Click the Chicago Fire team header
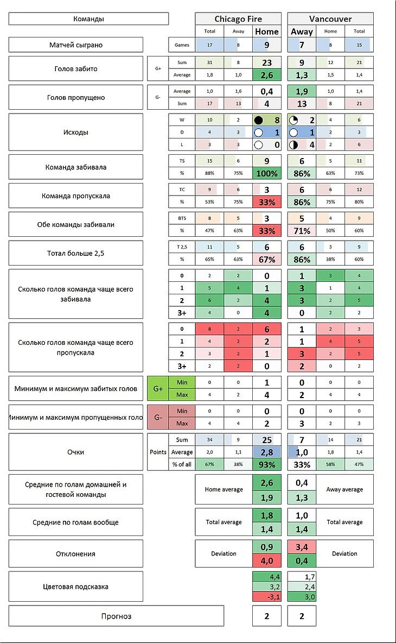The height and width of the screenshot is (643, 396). point(238,19)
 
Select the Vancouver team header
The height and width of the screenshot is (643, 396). point(330,19)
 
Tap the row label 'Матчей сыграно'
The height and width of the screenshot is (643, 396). point(76,45)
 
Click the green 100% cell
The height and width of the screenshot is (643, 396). point(267,174)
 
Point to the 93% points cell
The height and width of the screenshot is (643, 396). point(267,464)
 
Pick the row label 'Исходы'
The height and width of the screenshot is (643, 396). point(76,131)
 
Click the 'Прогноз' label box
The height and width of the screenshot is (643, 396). point(116,616)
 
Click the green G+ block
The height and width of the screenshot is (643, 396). point(158,389)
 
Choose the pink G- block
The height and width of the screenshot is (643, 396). point(158,417)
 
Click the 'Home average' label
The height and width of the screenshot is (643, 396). point(223,489)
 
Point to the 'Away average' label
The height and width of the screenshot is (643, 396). point(344,489)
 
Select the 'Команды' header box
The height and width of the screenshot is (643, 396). point(88,19)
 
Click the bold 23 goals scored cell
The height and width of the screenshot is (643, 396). point(267,62)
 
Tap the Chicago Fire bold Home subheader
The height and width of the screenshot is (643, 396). point(267,31)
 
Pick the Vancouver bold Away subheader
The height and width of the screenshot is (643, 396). point(302,31)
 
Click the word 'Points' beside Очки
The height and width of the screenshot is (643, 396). point(158,452)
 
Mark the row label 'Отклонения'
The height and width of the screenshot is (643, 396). point(76,554)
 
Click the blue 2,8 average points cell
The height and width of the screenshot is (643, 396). point(267,452)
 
